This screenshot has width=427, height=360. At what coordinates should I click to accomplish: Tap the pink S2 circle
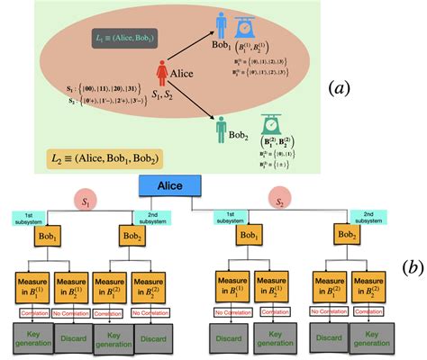click(x=280, y=199)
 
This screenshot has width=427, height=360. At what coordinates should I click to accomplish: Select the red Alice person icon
click(x=163, y=73)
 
